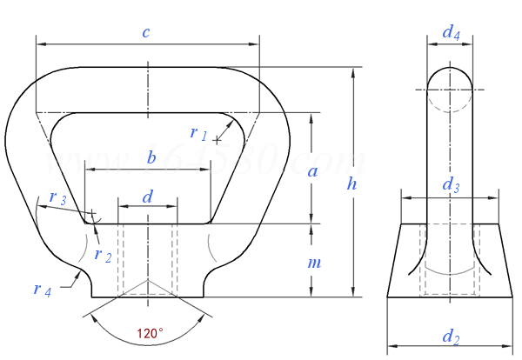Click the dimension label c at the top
pos(146,32)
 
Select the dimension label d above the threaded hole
pos(147,197)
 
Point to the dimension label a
pos(313,170)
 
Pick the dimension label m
pos(314,263)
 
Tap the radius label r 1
pos(198,132)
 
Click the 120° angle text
pos(150,332)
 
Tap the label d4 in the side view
pos(451,33)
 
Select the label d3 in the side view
pos(451,184)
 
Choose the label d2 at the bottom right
pos(450,337)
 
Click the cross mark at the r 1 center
pos(217,139)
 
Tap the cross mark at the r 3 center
pos(90,211)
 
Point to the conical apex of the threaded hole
pos(148,281)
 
